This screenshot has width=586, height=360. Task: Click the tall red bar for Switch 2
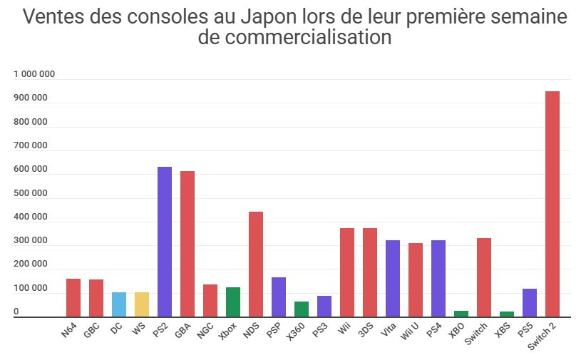point(552,204)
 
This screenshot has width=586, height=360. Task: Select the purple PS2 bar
point(164,242)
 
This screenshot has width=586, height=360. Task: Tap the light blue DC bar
point(118,304)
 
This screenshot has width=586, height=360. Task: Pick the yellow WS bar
point(141,304)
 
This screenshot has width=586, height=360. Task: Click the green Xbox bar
point(232,302)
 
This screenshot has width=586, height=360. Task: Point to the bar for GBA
point(187,244)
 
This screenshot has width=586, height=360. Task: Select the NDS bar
point(255,264)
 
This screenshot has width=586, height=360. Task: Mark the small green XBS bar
point(506,314)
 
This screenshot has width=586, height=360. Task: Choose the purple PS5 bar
point(529,303)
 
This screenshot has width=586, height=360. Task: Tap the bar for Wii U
point(415,280)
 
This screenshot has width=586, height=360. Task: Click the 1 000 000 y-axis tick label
point(34,74)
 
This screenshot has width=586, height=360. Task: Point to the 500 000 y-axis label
point(31,193)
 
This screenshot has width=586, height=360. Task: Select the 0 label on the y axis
point(16,312)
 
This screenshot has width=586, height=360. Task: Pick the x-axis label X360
point(297,332)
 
